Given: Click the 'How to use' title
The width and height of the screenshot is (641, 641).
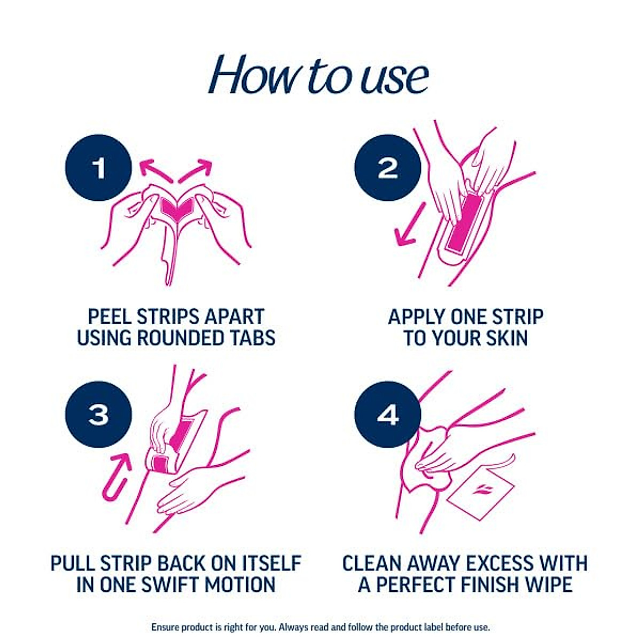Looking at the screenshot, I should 319,75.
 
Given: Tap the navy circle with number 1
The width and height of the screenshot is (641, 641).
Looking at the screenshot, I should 98,168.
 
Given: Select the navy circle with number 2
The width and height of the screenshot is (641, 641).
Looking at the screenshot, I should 388,168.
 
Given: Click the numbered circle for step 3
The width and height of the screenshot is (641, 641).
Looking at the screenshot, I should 98,415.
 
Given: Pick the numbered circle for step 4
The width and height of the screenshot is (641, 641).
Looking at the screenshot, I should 388,415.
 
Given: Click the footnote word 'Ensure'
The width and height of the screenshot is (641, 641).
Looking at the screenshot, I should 166,627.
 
